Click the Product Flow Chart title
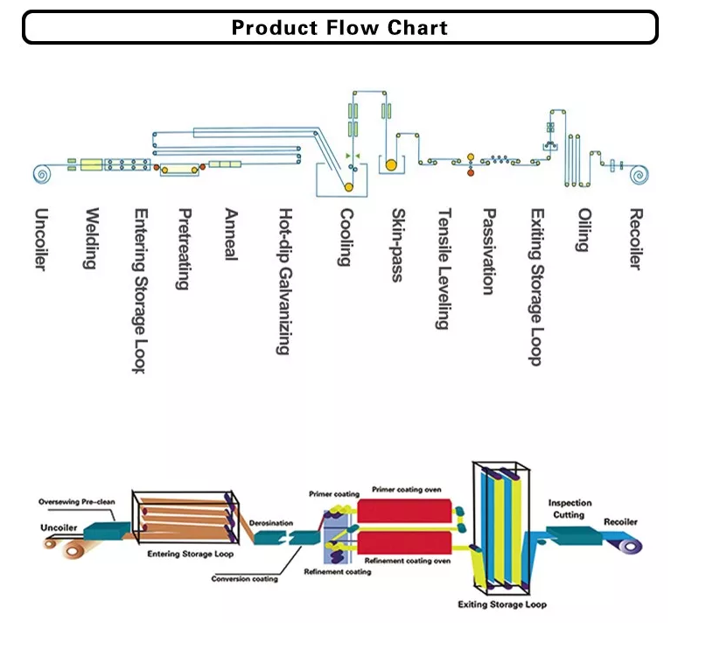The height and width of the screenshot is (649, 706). pyautogui.click(x=339, y=27)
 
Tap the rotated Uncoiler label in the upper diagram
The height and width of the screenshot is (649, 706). pyautogui.click(x=40, y=239)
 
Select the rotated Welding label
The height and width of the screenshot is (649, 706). pyautogui.click(x=90, y=238)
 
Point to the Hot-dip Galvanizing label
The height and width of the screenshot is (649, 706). pyautogui.click(x=283, y=281)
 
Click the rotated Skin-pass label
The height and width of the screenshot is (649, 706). pyautogui.click(x=397, y=245)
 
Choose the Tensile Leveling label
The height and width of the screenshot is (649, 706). pyautogui.click(x=444, y=269)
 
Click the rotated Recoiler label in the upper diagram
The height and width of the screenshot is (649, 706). pyautogui.click(x=636, y=239)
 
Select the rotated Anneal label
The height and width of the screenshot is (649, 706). pyautogui.click(x=231, y=234)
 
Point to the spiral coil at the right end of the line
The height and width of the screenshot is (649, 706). pyautogui.click(x=640, y=176)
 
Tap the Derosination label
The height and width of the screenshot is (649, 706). pyautogui.click(x=271, y=523)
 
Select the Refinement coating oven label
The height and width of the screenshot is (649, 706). pyautogui.click(x=408, y=560)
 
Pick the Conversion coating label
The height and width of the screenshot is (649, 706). pyautogui.click(x=245, y=578)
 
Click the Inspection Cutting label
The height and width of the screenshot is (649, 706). pyautogui.click(x=570, y=509)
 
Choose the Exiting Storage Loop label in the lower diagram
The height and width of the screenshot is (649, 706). pyautogui.click(x=502, y=604)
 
